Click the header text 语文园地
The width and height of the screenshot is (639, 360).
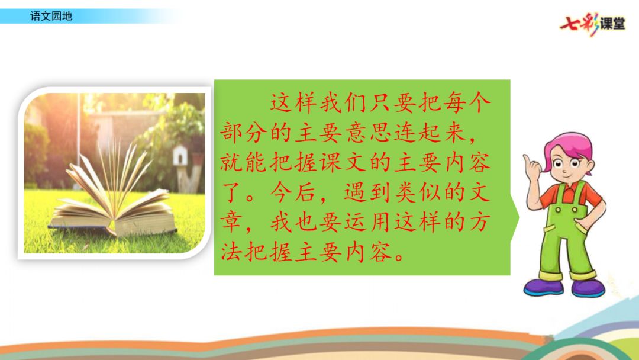pos(51,17)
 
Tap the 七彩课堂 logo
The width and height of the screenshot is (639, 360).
pos(592,24)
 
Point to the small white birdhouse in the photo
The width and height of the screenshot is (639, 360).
pos(180,155)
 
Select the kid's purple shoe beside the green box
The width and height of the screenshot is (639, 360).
pos(543,287)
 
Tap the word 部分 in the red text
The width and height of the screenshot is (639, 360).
pos(244,133)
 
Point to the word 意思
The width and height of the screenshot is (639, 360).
pos(369,133)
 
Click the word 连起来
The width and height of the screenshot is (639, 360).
pos(430,133)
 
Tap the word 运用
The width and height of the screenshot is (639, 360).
pos(369,223)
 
